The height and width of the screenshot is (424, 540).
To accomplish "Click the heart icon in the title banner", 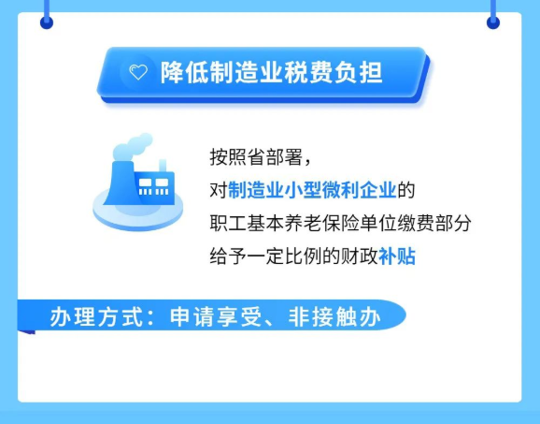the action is [138, 72].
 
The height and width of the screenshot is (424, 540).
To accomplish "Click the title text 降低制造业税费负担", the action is [271, 73].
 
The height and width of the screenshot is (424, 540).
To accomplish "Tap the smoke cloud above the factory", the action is [133, 146].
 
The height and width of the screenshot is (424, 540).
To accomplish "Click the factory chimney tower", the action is [120, 183].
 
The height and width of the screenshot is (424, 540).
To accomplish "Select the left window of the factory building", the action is [145, 183].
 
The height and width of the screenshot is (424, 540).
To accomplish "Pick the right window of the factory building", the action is [162, 183].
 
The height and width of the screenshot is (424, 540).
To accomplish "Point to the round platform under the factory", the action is [137, 211].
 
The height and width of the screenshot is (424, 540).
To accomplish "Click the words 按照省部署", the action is [256, 157].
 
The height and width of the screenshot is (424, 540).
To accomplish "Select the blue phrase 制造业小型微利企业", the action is [312, 190].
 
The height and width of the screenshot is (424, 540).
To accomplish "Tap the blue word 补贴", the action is [397, 256].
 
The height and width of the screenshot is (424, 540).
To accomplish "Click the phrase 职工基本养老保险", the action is [285, 223].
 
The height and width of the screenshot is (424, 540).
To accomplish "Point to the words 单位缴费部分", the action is [416, 223].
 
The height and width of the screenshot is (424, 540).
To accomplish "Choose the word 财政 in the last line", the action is [359, 256].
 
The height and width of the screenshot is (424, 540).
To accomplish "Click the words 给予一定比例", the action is [265, 256].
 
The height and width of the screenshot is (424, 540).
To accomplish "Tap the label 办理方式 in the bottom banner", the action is [95, 317].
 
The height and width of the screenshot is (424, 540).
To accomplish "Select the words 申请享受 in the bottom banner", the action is [215, 317].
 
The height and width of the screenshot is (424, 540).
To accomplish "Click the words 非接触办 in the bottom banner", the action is [334, 317].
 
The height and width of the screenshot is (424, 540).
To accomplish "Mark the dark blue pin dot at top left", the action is [47, 22].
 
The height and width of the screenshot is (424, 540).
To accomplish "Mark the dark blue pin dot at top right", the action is [493, 22].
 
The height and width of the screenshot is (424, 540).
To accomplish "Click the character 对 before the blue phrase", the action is [219, 190].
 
